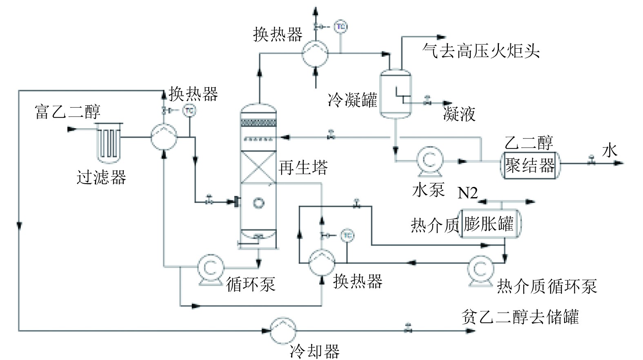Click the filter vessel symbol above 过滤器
point(109,143)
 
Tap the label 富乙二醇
point(68,112)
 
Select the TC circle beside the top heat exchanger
point(340,27)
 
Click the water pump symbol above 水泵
point(429,161)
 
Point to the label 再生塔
point(303,167)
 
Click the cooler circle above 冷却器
point(283,331)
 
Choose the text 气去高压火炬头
point(481,51)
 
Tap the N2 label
point(467,193)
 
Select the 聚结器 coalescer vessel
point(530,165)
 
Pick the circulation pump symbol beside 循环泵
point(210,269)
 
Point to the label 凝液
point(459,114)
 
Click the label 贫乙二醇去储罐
point(520,317)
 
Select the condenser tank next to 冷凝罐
point(396,93)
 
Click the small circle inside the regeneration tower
point(258,203)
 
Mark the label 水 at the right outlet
point(610,151)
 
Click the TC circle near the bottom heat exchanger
point(347,236)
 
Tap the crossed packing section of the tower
point(258,167)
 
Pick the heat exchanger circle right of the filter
point(164,137)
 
